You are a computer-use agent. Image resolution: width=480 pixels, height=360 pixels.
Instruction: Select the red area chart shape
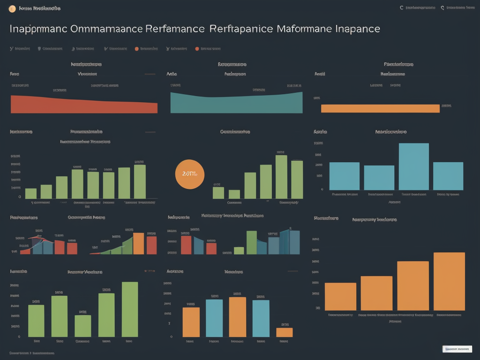tap(84, 105)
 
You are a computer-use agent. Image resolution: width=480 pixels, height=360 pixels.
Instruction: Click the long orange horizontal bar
tap(380, 108)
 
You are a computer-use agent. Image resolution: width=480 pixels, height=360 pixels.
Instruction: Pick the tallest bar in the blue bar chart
tap(413, 166)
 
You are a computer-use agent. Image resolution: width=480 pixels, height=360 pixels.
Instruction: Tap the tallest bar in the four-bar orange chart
tap(449, 281)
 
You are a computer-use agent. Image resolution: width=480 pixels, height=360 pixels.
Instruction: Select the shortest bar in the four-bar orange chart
tap(340, 296)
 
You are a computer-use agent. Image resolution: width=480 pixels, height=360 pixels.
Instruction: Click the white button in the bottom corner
tap(457, 349)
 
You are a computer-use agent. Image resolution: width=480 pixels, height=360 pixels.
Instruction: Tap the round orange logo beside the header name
tap(13, 8)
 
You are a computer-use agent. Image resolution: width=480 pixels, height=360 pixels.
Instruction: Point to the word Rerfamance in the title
tap(175, 29)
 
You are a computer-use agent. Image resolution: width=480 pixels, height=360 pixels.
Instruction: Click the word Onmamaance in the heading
tap(106, 29)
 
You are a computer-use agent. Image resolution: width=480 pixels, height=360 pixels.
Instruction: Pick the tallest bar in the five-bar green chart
tap(130, 309)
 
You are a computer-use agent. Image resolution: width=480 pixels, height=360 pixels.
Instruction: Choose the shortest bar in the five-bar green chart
tap(83, 326)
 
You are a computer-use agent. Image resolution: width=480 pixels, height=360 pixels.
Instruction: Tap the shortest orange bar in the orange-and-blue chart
tap(284, 332)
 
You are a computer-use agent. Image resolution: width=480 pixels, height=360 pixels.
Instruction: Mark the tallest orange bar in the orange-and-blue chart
tap(237, 317)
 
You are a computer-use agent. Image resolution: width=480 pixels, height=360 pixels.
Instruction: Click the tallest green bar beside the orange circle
tap(281, 177)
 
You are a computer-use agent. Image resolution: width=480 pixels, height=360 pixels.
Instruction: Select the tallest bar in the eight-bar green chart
tap(140, 181)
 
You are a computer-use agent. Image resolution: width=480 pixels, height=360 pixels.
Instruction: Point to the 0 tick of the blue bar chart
tap(322, 189)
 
